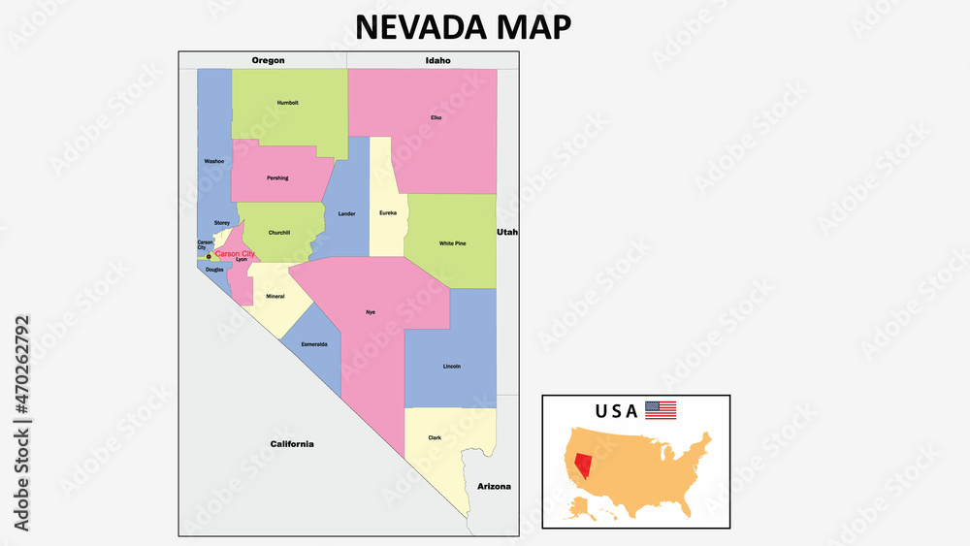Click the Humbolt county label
coord(288,102)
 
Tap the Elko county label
coord(436,117)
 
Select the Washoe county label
coord(214,161)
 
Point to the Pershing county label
coord(277,177)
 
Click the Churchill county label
coord(279,232)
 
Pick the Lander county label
coord(346,213)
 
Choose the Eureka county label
coord(388,212)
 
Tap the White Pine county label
coord(452,243)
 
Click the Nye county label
coord(370,311)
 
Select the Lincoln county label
coord(452,366)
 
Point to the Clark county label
coord(435,437)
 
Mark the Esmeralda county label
coord(314,344)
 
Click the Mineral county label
coord(275,295)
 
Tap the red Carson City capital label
coord(235,253)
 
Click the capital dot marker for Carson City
coord(209,257)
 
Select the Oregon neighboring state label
coord(268,60)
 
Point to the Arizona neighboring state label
coord(494,486)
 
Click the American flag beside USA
coord(661,410)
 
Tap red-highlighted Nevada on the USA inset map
coord(583,463)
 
